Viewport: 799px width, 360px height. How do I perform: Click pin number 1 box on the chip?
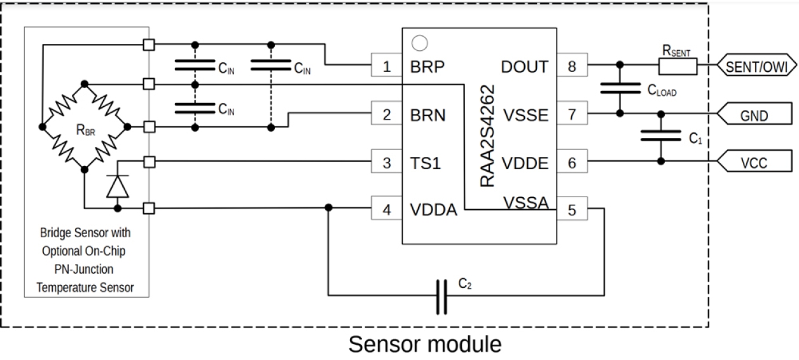click(387, 66)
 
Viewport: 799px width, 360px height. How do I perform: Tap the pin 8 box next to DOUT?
click(572, 66)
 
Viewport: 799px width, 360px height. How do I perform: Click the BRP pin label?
click(427, 66)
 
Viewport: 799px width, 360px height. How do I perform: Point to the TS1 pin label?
click(426, 162)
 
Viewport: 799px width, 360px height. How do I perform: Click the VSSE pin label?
click(525, 115)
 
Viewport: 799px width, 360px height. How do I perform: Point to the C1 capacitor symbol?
click(661, 135)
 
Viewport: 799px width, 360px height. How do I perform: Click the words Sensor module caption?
click(424, 345)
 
